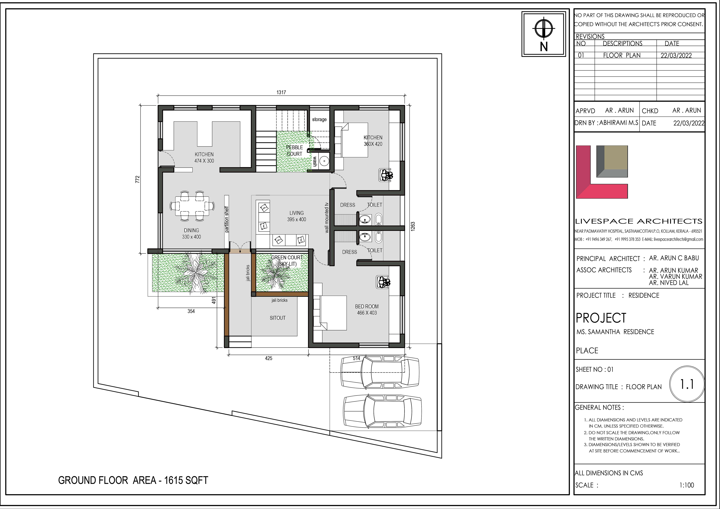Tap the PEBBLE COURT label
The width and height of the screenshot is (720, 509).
click(294, 151)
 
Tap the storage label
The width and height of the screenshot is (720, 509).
click(319, 120)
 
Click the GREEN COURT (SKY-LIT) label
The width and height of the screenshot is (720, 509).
click(287, 261)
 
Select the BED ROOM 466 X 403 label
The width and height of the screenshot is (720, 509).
click(367, 310)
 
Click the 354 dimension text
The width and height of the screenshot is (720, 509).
click(191, 311)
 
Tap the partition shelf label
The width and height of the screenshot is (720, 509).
click(227, 219)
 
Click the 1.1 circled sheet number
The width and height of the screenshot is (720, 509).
click(687, 384)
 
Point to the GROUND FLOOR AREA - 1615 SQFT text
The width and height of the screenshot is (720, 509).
click(133, 480)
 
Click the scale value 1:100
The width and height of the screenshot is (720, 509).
click(687, 485)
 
